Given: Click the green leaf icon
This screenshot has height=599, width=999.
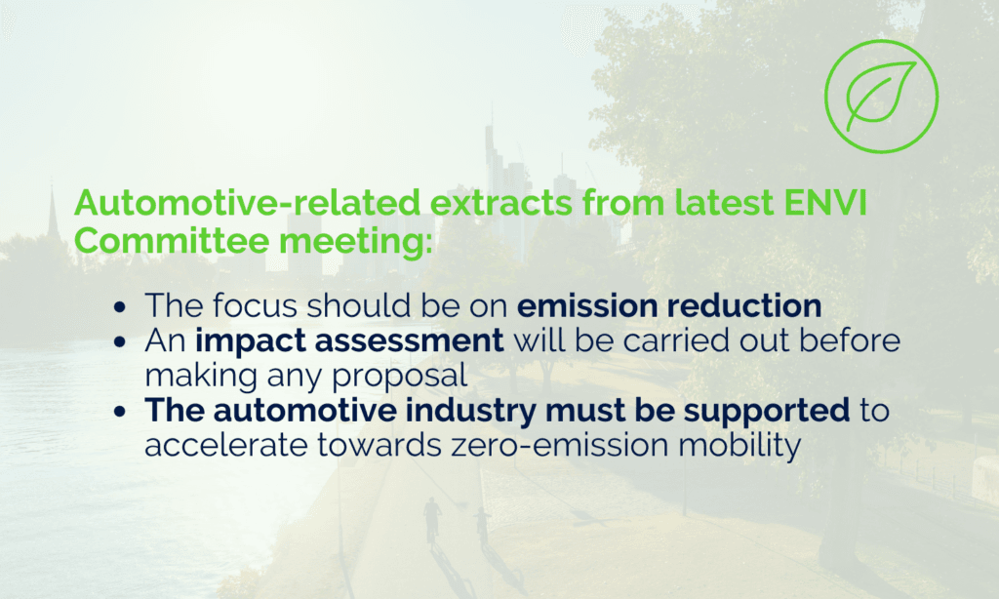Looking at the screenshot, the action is click(882, 96).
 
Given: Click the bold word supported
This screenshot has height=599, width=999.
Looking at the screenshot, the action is click(767, 411).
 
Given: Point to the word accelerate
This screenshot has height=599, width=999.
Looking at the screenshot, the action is click(226, 445).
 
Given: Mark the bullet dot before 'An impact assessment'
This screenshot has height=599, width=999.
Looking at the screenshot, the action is click(120, 342).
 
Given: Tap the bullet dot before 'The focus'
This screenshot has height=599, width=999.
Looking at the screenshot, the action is click(120, 307).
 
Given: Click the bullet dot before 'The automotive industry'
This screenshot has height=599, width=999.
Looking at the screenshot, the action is click(120, 412).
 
